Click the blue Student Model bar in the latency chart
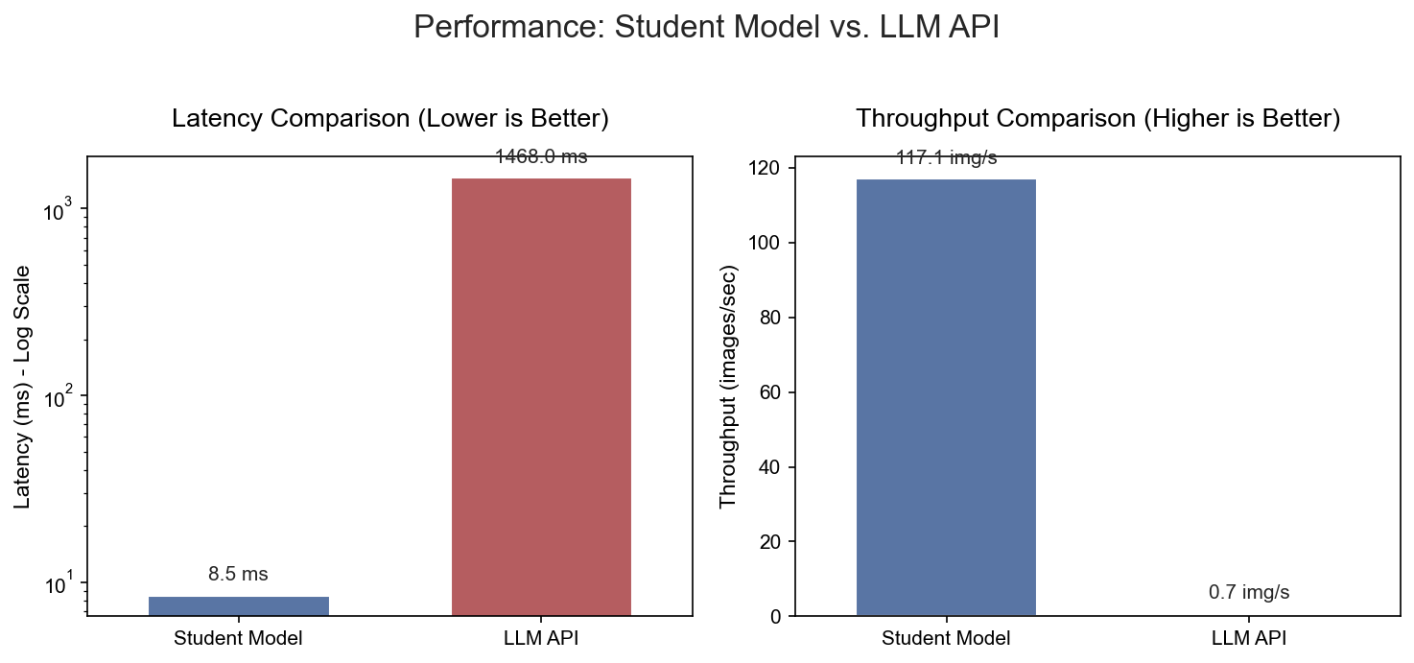239,605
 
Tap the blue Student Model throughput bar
946,396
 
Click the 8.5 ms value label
238,575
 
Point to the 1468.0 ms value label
541,157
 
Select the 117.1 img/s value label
946,158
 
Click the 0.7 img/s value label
1249,593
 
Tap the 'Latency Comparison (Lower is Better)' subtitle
390,119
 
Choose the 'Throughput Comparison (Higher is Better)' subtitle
1097,119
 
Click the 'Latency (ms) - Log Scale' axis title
23,387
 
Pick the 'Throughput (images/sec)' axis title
728,387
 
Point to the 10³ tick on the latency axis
59,210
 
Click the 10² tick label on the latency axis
59,396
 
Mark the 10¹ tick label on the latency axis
59,583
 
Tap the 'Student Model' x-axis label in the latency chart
238,638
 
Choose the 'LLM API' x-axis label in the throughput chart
1249,638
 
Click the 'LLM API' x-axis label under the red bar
541,638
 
